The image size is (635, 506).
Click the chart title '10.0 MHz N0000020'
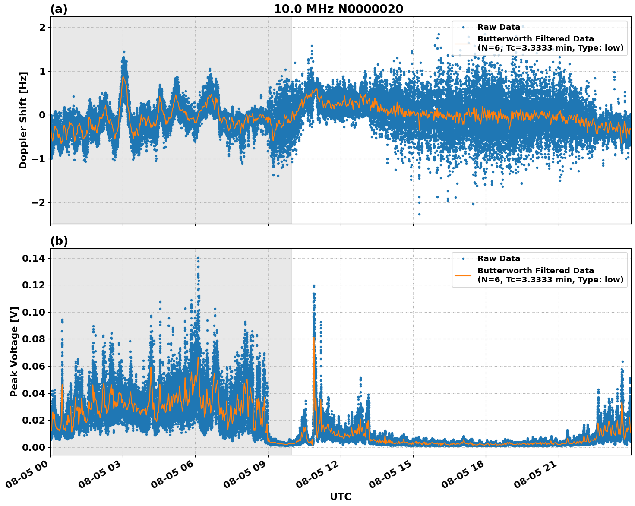pyautogui.click(x=338, y=9)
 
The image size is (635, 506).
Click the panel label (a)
pyautogui.click(x=59, y=9)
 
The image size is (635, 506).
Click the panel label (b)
pyautogui.click(x=59, y=241)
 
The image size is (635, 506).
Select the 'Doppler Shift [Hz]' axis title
pyautogui.click(x=23, y=120)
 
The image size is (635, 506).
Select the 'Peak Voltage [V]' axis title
pyautogui.click(x=14, y=352)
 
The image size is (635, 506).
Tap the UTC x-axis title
pyautogui.click(x=340, y=497)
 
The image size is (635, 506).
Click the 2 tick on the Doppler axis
pyautogui.click(x=43, y=27)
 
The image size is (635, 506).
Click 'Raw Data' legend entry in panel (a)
pyautogui.click(x=499, y=27)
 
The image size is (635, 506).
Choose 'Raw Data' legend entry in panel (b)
pyautogui.click(x=499, y=259)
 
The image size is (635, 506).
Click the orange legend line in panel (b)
pyautogui.click(x=463, y=275)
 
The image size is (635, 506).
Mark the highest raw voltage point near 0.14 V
pyautogui.click(x=198, y=258)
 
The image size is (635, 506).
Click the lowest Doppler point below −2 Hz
pyautogui.click(x=419, y=214)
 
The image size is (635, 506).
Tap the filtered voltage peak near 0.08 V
pyautogui.click(x=314, y=338)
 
